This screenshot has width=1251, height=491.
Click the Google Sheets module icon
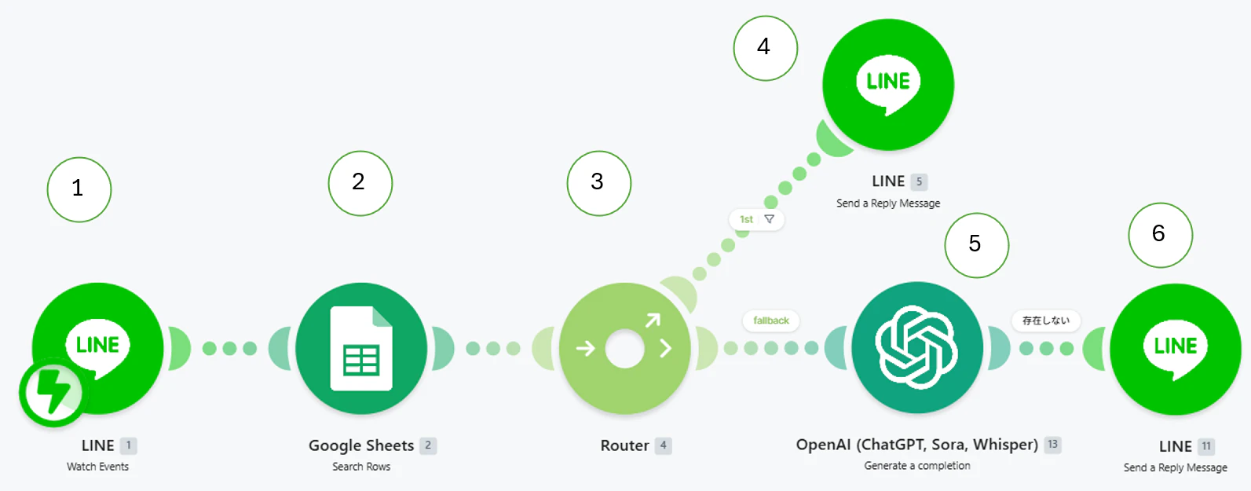361,349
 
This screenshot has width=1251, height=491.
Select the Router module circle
625,349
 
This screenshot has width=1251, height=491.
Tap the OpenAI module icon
917,347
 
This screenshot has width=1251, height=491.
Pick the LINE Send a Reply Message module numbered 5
888,85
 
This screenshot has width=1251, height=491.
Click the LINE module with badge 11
1176,349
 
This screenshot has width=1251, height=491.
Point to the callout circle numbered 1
79,189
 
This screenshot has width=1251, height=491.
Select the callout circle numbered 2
360,183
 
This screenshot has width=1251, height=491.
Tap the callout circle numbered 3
599,183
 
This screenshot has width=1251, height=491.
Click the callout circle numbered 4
766,48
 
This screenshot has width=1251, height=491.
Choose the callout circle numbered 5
977,245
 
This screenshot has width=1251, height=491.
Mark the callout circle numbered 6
1161,235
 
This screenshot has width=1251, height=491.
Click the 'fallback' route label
770,321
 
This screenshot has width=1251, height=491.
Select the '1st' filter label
746,219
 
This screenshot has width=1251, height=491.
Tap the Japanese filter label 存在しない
1046,321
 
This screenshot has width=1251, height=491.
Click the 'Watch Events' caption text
97,467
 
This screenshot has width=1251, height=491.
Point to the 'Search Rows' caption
361,467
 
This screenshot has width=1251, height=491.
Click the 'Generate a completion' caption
917,465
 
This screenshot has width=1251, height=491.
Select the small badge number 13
1053,444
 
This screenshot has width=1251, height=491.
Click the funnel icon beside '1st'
770,219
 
